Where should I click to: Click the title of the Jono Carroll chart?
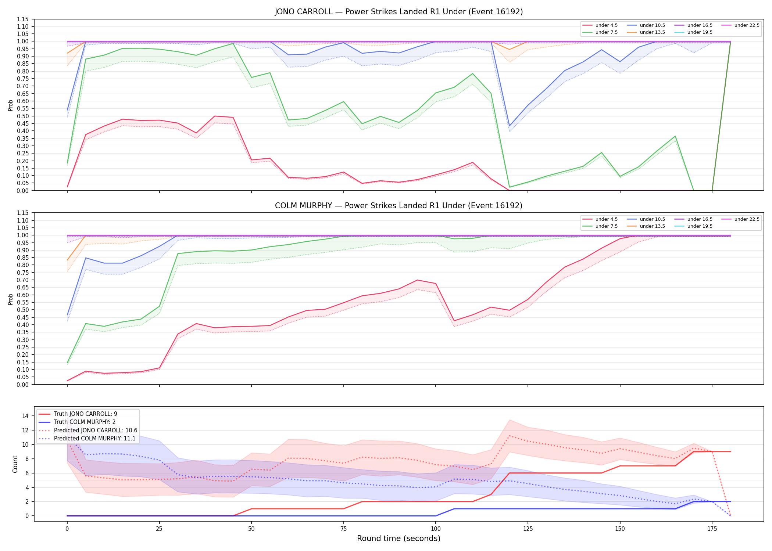point(398,12)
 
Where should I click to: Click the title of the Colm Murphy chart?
point(398,206)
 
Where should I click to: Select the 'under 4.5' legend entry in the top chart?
point(600,25)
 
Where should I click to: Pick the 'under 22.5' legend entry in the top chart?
point(740,25)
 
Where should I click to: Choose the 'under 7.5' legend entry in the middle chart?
point(600,226)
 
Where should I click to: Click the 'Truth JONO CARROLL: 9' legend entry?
point(78,414)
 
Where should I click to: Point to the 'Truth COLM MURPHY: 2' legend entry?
point(77,422)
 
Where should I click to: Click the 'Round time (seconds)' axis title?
point(398,539)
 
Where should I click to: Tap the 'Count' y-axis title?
point(15,464)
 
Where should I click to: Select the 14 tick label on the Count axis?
point(25,416)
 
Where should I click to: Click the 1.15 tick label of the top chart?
point(23,19)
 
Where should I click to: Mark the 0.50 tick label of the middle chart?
point(23,310)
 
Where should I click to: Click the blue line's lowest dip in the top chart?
point(509,126)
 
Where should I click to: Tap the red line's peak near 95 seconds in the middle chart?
point(417,280)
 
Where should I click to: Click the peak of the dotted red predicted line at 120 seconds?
point(509,436)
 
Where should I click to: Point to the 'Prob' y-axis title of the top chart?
point(11,105)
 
